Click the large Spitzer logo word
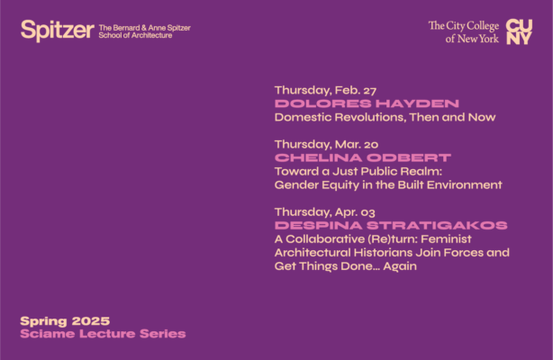57,31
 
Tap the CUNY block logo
520,31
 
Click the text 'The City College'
463,26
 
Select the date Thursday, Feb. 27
325,90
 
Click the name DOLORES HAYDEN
367,103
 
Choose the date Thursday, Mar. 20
326,144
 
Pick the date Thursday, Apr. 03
326,211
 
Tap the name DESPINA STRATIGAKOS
390,225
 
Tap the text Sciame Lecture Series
103,335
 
